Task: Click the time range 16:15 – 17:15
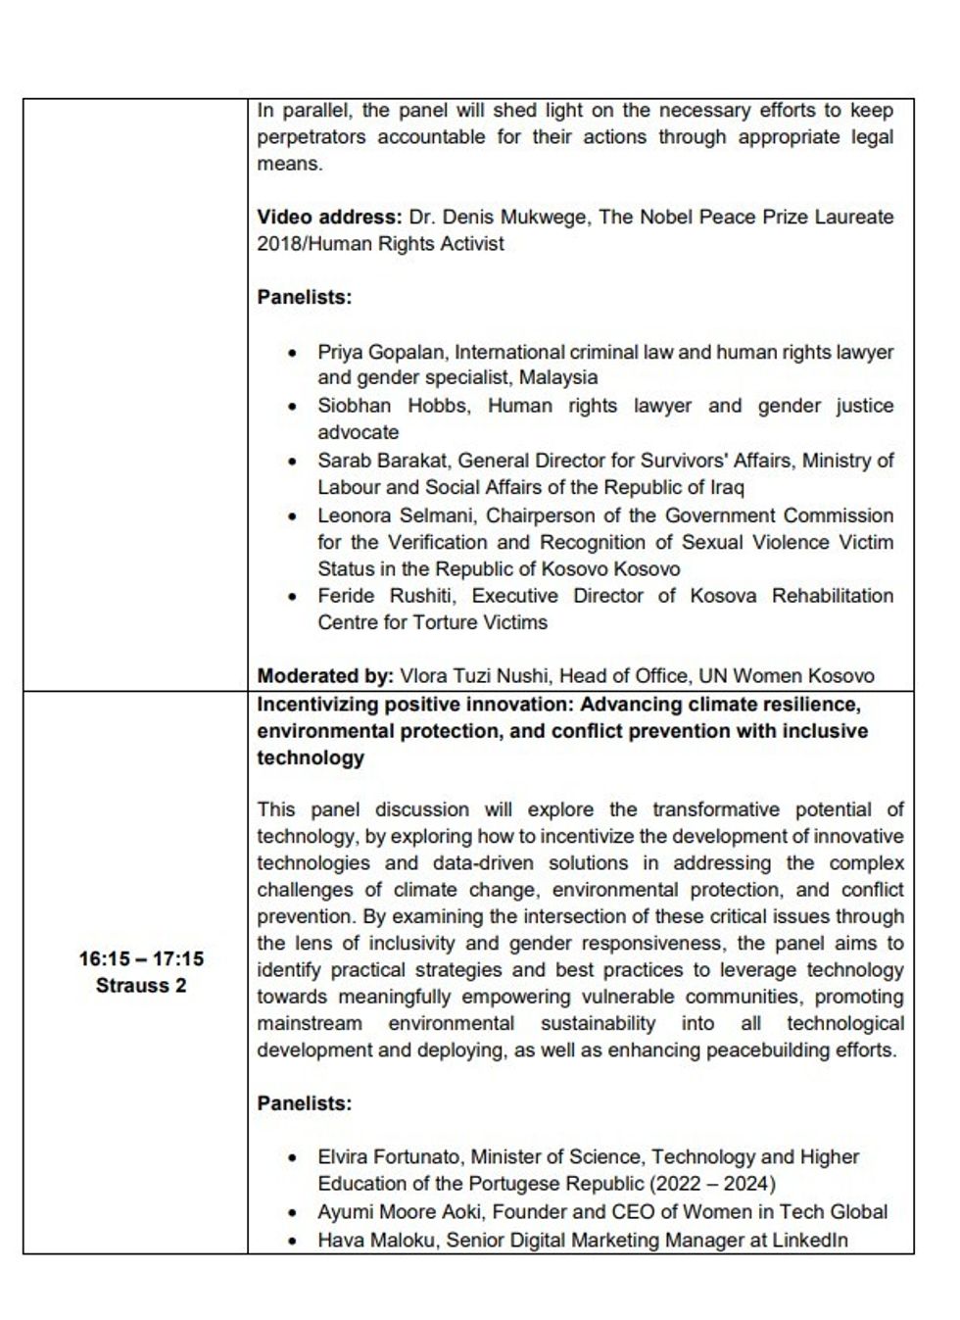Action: coord(141,958)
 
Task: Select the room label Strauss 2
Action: coord(141,985)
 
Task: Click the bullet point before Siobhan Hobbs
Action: coord(292,407)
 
